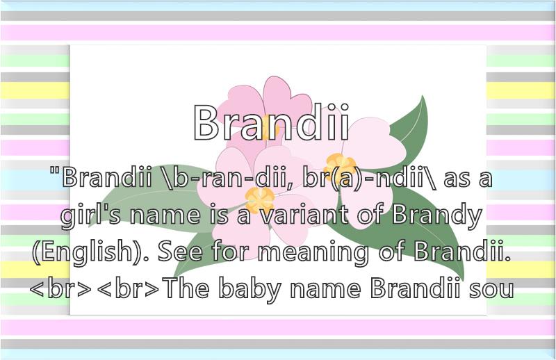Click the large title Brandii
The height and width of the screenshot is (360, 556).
coord(272,122)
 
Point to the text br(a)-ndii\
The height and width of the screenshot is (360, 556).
coord(370,178)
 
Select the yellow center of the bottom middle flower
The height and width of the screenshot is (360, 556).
coord(260,199)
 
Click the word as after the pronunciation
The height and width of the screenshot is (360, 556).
coord(456,179)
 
